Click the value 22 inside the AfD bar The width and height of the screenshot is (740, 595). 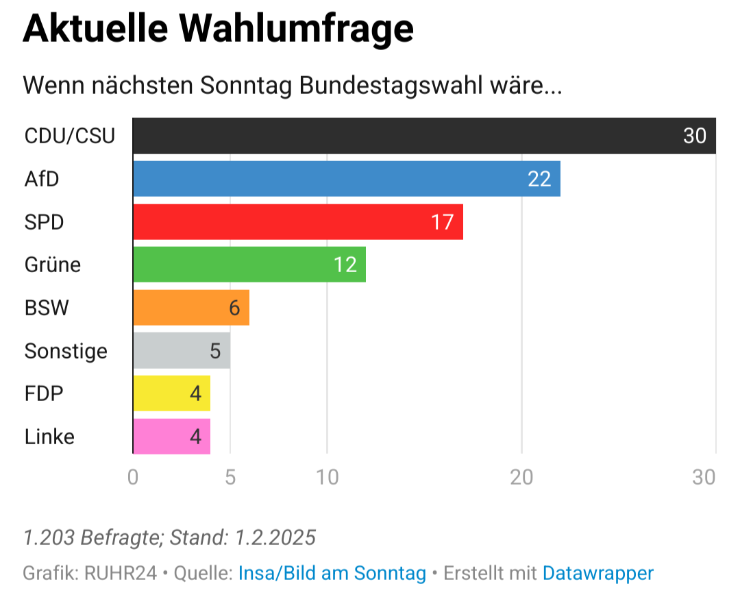tap(539, 179)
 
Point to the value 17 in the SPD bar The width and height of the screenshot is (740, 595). tap(442, 222)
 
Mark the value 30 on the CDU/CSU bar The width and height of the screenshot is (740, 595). tap(694, 136)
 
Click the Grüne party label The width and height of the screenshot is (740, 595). tap(53, 265)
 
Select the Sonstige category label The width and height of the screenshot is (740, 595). tap(66, 351)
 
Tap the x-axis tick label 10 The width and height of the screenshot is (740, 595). tap(328, 477)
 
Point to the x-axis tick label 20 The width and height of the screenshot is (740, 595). tap(521, 477)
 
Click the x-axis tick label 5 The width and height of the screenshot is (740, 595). tap(230, 477)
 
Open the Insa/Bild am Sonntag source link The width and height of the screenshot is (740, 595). tap(332, 572)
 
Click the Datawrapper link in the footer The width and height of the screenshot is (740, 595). tap(597, 572)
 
